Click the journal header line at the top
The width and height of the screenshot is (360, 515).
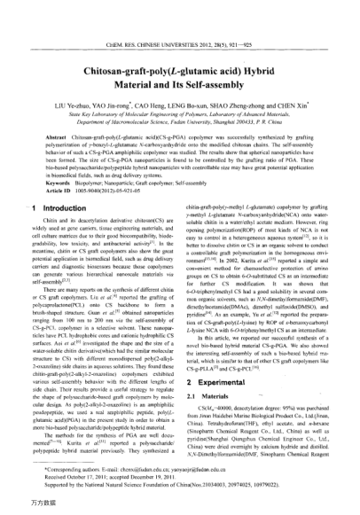pyautogui.click(x=180, y=18)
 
